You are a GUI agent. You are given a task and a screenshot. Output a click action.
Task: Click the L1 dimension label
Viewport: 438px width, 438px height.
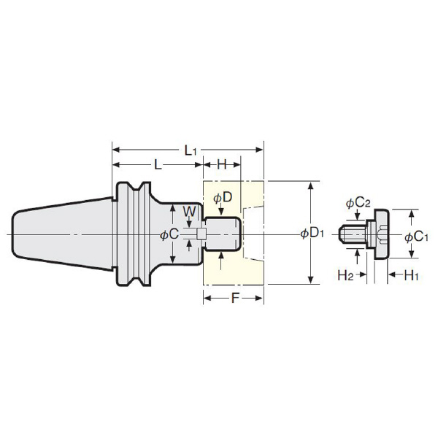pos(191,151)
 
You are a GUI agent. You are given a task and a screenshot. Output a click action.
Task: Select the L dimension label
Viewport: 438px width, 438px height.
pos(158,165)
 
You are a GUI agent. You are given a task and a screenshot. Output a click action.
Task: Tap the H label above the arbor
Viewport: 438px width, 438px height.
pos(222,165)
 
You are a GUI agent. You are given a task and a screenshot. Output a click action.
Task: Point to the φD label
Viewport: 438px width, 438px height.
pos(223,198)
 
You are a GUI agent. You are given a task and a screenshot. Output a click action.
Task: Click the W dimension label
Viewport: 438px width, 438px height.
pos(190,212)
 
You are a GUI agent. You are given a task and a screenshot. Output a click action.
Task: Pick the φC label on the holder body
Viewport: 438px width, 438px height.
pos(169,234)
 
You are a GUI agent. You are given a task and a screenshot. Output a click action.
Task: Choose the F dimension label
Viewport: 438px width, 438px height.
pos(235,299)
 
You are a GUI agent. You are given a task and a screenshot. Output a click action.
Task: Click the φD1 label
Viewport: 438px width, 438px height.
pos(312,234)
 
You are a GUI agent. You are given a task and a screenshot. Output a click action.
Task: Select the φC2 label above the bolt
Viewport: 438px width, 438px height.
pos(358,203)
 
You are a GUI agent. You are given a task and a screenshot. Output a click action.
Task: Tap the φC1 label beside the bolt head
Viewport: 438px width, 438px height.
pos(417,237)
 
